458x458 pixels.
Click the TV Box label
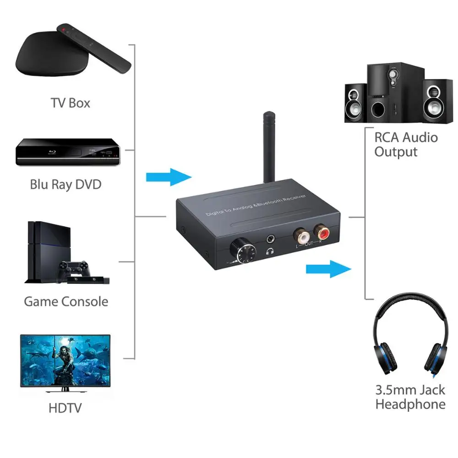pyautogui.click(x=70, y=103)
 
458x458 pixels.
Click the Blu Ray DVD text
pyautogui.click(x=65, y=184)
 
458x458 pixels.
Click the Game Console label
pyautogui.click(x=66, y=301)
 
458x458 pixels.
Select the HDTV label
pyautogui.click(x=66, y=407)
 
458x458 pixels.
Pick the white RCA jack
pyautogui.click(x=302, y=236)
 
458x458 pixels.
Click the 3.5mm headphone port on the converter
pyautogui.click(x=272, y=238)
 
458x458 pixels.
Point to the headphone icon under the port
pyautogui.click(x=271, y=251)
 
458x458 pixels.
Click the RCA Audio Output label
pyautogui.click(x=405, y=144)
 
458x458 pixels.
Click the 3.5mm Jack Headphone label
pyautogui.click(x=410, y=397)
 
